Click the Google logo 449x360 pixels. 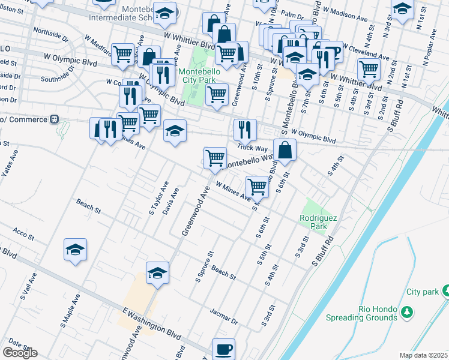point(20,353)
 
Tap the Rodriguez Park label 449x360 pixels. point(313,223)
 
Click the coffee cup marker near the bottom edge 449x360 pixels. point(224,349)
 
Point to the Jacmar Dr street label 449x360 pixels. point(224,316)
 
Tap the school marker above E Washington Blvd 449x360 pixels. point(157,273)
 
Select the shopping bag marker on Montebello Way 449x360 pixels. point(285,150)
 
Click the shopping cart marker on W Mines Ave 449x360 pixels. point(257,187)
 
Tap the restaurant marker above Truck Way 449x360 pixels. point(245,130)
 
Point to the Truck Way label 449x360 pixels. point(252,147)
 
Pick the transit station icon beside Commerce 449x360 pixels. point(54,119)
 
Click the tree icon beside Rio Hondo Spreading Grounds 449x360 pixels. point(407,311)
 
